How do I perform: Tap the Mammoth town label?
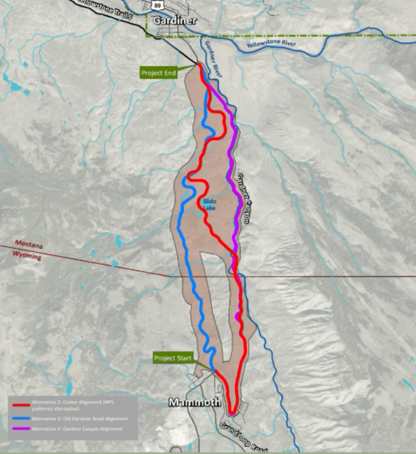coord(194,402)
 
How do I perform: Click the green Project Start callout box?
coord(173,358)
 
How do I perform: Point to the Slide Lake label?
coord(210,205)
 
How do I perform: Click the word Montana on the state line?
coord(28,244)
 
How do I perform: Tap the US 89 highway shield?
coord(157,4)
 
